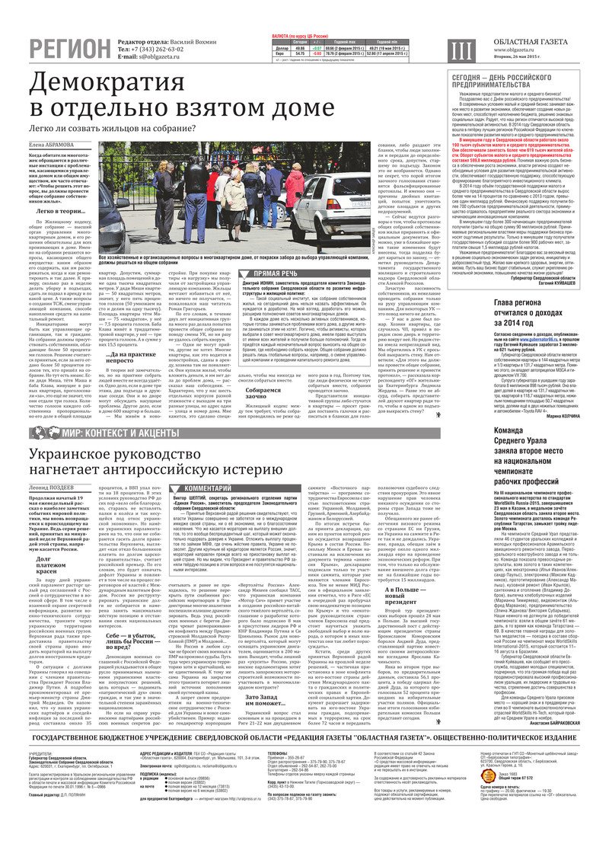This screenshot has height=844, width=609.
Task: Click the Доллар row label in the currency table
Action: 281,47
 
